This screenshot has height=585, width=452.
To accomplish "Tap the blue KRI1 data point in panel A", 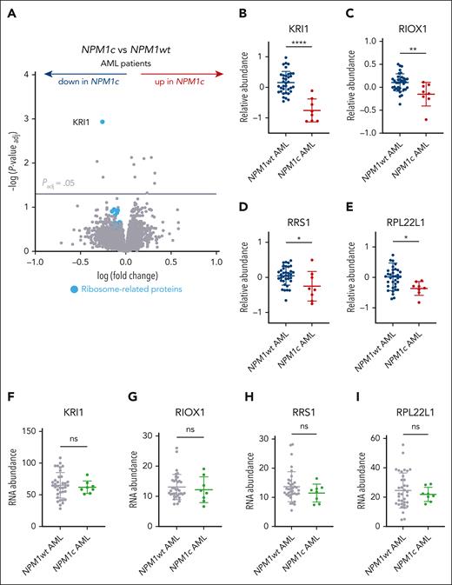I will coord(103,123).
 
